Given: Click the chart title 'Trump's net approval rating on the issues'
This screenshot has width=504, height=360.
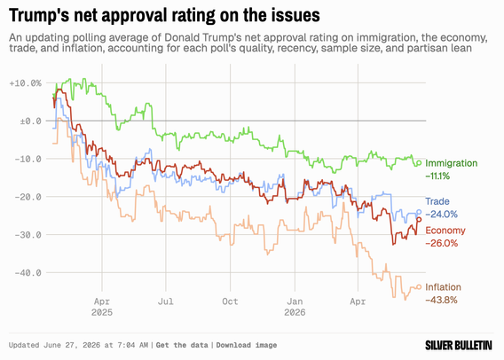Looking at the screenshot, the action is (164, 15).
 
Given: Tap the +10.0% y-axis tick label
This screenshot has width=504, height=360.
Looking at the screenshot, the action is (26, 83).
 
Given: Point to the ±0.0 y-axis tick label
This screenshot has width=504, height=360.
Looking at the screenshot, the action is (30, 121).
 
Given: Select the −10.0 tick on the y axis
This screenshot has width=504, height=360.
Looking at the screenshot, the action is (28, 159).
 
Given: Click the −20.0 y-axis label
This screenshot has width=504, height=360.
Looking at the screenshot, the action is (28, 197).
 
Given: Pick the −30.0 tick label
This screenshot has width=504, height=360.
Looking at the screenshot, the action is (28, 235).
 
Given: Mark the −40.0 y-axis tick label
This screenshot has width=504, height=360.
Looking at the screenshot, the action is (28, 272).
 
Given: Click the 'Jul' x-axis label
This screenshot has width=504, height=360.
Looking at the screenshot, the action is (166, 301).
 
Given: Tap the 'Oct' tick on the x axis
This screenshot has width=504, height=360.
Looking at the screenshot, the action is (230, 301).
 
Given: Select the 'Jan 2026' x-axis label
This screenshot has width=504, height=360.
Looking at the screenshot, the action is (295, 307).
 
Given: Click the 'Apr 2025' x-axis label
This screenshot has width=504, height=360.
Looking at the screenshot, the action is (102, 307).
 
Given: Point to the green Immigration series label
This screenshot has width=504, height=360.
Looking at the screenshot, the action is (452, 163).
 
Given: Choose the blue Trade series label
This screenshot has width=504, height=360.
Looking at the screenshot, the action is (437, 201).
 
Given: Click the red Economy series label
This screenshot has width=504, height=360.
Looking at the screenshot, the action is (445, 231).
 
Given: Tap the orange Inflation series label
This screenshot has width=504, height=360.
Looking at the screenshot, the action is (444, 287).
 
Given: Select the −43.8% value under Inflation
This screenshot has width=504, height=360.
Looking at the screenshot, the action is (441, 301).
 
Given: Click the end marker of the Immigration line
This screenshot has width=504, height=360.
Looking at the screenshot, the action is (419, 163).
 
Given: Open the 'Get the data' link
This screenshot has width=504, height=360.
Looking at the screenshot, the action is (182, 345).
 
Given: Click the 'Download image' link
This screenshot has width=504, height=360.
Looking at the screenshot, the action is (247, 345).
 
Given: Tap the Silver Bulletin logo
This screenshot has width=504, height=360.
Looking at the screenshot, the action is (459, 345).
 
